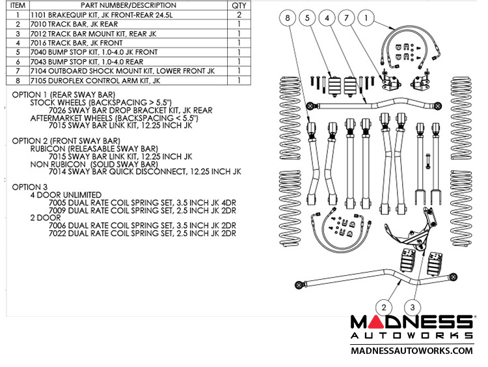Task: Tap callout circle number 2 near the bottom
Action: (x=385, y=306)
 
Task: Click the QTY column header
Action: (x=239, y=5)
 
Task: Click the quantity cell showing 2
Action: (x=239, y=14)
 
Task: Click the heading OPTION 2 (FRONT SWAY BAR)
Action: (x=66, y=140)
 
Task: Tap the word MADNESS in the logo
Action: (x=411, y=322)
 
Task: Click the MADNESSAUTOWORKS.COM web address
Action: (x=411, y=351)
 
